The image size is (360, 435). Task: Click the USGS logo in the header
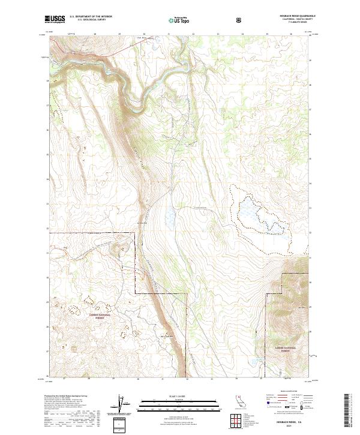pyautogui.click(x=55, y=19)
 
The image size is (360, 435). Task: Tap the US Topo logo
pyautogui.click(x=178, y=20)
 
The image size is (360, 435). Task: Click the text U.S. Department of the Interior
pyautogui.click(x=91, y=16)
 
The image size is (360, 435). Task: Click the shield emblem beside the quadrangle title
pyautogui.click(x=240, y=20)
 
